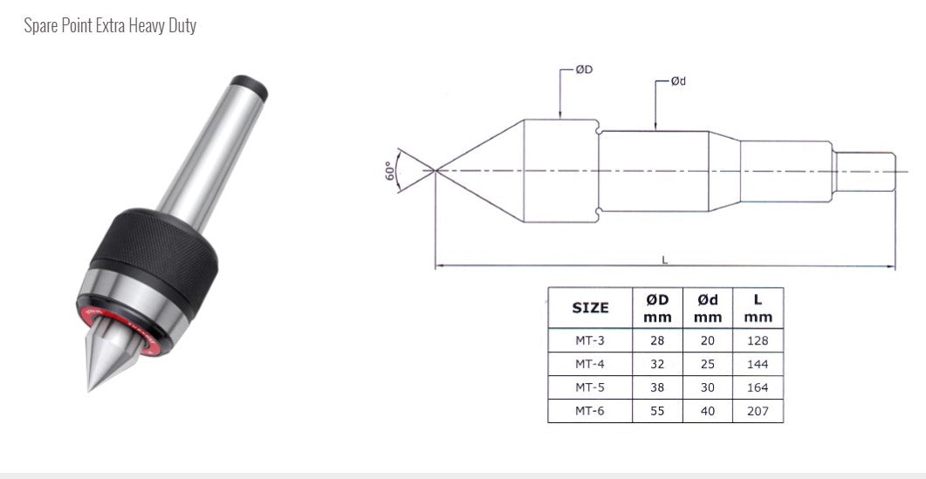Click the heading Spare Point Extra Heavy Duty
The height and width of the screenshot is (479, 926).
[x=110, y=25]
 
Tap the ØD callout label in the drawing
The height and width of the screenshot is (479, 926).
[x=584, y=69]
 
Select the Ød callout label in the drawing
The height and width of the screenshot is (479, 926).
[x=677, y=81]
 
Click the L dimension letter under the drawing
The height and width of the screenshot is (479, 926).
[x=665, y=258]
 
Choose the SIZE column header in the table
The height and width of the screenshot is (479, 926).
[x=590, y=307]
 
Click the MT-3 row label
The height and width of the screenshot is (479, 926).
[x=590, y=340]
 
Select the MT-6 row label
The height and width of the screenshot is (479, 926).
[x=590, y=411]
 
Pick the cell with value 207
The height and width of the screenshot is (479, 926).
[x=758, y=411]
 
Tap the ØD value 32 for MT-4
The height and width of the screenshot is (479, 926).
[x=657, y=364]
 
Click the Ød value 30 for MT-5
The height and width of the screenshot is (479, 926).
[x=708, y=387]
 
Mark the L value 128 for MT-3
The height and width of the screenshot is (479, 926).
[x=758, y=340]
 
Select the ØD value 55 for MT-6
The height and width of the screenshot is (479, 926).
[x=657, y=411]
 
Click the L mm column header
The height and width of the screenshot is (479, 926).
[x=758, y=307]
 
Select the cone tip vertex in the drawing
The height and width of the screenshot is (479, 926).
[x=435, y=169]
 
